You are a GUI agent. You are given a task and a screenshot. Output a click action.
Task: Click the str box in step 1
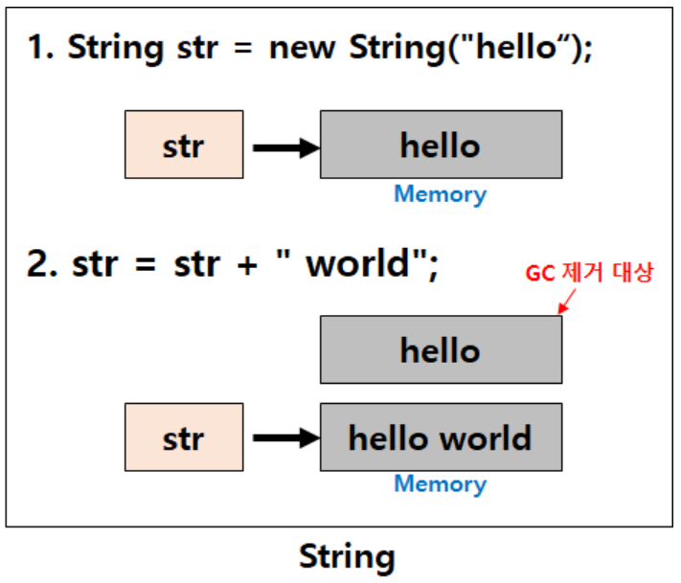coord(183,145)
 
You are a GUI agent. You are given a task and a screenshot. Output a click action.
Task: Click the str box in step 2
coord(183,437)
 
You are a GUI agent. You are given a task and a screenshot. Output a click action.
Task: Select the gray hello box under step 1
coord(441,145)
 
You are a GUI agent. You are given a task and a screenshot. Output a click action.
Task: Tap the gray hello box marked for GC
coord(441,349)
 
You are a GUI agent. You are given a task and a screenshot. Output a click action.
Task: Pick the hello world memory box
coord(441,437)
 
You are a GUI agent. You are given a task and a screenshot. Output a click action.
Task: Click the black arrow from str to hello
coord(284,147)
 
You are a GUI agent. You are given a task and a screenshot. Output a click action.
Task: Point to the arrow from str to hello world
coord(284,438)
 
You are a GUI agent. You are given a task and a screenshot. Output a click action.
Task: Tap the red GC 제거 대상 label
coord(589,274)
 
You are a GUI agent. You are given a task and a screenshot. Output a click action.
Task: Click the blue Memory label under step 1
coord(440,194)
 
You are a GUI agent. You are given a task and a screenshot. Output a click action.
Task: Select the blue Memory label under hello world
coord(440,484)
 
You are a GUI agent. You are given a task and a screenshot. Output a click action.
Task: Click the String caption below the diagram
coord(347,556)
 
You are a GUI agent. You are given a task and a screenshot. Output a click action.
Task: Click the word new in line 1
coord(306,49)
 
